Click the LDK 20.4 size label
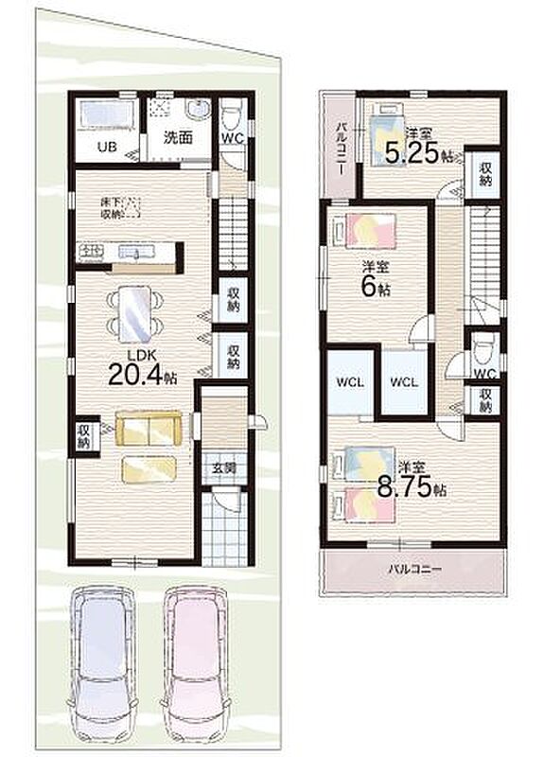(143, 367)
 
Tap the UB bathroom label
(107, 147)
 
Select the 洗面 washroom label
(178, 138)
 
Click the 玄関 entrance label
(224, 467)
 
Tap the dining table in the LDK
(134, 314)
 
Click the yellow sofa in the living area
(149, 429)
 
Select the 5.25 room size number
(412, 153)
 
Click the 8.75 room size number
(404, 487)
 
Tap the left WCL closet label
(350, 382)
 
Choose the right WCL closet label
(404, 382)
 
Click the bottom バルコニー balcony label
(415, 570)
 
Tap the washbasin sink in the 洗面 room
(198, 111)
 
